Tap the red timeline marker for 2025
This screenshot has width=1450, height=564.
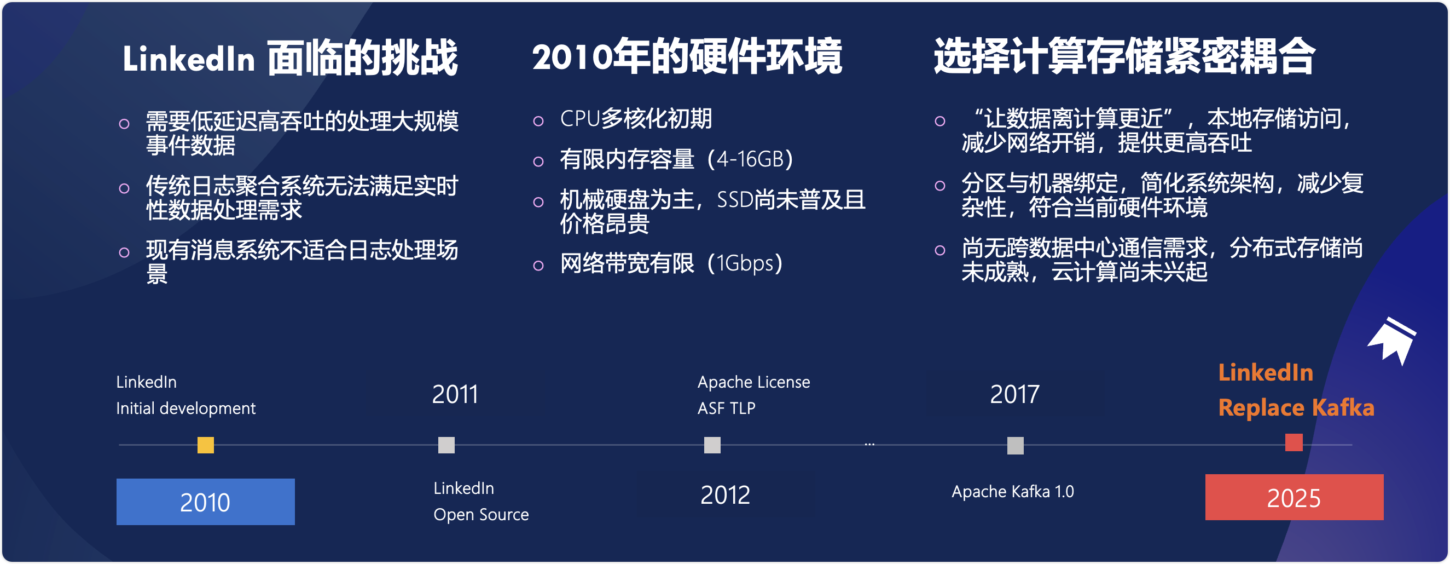click(1294, 442)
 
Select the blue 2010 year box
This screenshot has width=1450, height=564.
click(205, 502)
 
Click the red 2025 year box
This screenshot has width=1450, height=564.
click(1294, 497)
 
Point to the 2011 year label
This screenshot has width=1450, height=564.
click(455, 394)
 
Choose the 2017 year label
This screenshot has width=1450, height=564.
click(1014, 394)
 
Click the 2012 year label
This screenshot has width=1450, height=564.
click(725, 495)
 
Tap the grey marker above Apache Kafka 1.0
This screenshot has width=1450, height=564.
click(1016, 446)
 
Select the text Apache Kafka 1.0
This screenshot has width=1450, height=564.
click(1013, 491)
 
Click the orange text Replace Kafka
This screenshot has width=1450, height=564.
click(1296, 407)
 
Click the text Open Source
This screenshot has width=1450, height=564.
click(482, 514)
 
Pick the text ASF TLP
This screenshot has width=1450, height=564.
click(727, 408)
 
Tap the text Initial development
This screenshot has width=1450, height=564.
click(185, 408)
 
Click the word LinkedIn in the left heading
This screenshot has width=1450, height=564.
click(189, 59)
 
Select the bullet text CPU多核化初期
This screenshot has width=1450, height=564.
click(636, 119)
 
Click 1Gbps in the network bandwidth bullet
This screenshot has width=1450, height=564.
click(745, 263)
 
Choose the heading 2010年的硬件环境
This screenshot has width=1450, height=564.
click(687, 56)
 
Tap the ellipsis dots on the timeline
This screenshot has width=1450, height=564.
click(869, 445)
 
